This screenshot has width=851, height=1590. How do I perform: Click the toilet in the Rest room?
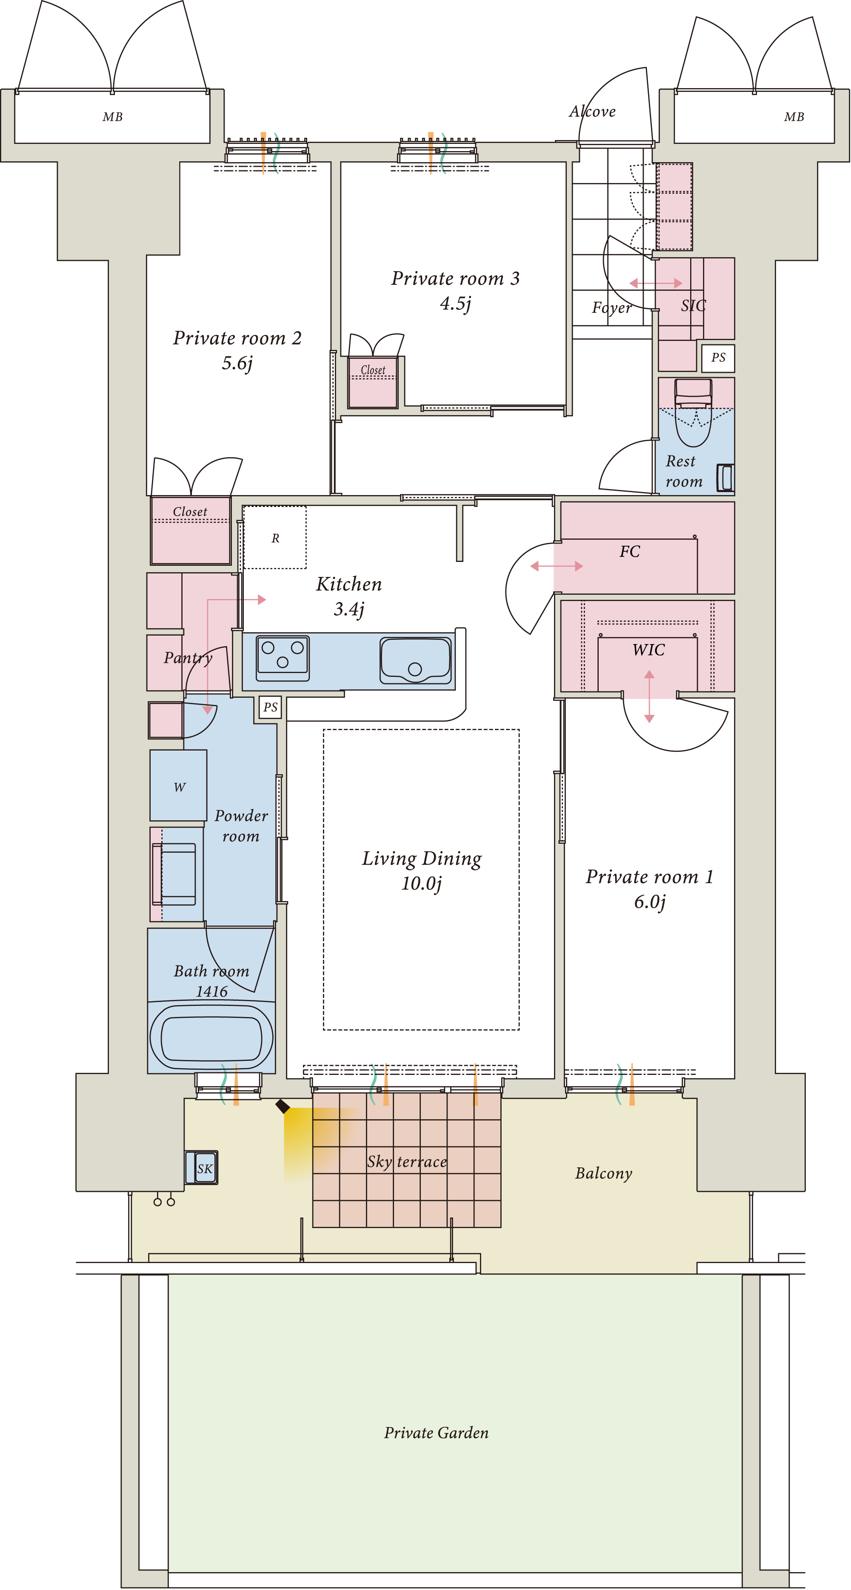(693, 413)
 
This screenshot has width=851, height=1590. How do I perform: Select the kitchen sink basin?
(415, 660)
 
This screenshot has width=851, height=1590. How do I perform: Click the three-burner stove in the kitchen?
(283, 658)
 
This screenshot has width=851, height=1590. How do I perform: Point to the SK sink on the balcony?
(202, 1167)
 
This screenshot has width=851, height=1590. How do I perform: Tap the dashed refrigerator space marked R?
(274, 537)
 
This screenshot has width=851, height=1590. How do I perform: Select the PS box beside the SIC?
(718, 358)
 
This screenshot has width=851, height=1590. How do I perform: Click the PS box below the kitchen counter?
(270, 708)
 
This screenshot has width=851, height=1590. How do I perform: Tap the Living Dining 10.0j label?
(422, 870)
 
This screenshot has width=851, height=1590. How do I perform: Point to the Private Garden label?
(436, 1432)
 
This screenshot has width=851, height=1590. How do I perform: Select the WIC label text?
(648, 650)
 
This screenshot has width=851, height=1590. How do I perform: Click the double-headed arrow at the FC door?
(557, 566)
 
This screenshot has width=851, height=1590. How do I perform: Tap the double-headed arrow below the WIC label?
(649, 696)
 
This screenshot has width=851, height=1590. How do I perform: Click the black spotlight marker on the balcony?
(283, 1106)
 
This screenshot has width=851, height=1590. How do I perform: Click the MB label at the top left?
(112, 117)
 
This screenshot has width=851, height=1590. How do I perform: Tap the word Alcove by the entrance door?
(592, 112)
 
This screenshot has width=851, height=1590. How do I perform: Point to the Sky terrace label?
(407, 1162)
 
